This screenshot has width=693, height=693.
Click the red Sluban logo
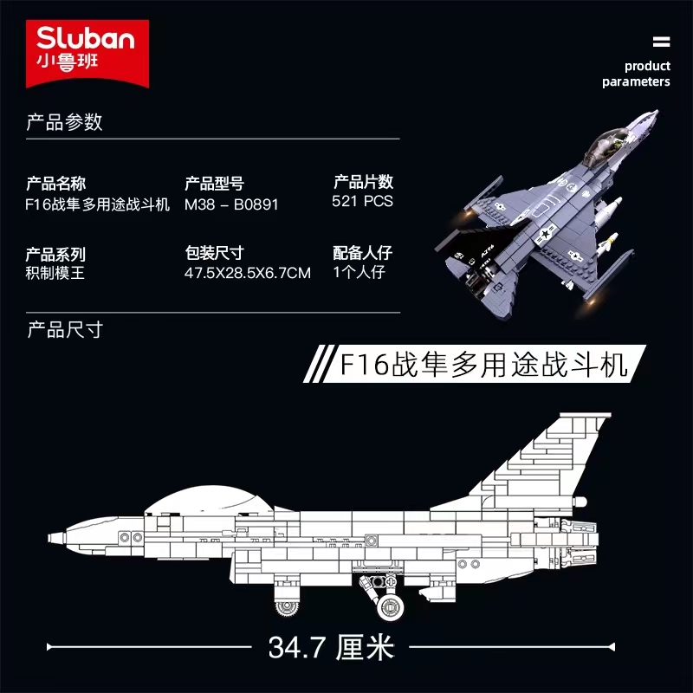tap(87, 53)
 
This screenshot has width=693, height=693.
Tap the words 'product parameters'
tap(636, 74)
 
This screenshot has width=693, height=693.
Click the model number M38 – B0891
tap(231, 204)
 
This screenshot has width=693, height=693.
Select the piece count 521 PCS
tap(362, 201)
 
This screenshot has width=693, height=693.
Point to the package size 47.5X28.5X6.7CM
tap(248, 273)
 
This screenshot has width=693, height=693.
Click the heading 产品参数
tap(64, 122)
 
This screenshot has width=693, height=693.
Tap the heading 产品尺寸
tap(65, 330)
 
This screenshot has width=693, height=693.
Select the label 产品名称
tap(55, 184)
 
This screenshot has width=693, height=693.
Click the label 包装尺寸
tap(214, 253)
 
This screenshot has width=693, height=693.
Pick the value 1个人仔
tap(359, 272)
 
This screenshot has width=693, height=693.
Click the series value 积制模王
tap(55, 273)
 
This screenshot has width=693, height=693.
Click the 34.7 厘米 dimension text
tap(331, 647)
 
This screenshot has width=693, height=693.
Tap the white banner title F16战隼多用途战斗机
tap(483, 365)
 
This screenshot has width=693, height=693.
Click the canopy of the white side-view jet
tap(209, 500)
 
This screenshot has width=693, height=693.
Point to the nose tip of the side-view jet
tap(49, 538)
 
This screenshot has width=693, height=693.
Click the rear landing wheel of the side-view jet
tap(391, 606)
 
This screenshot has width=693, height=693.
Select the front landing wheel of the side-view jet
tap(286, 607)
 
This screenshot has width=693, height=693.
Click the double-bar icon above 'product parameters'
tap(661, 42)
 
